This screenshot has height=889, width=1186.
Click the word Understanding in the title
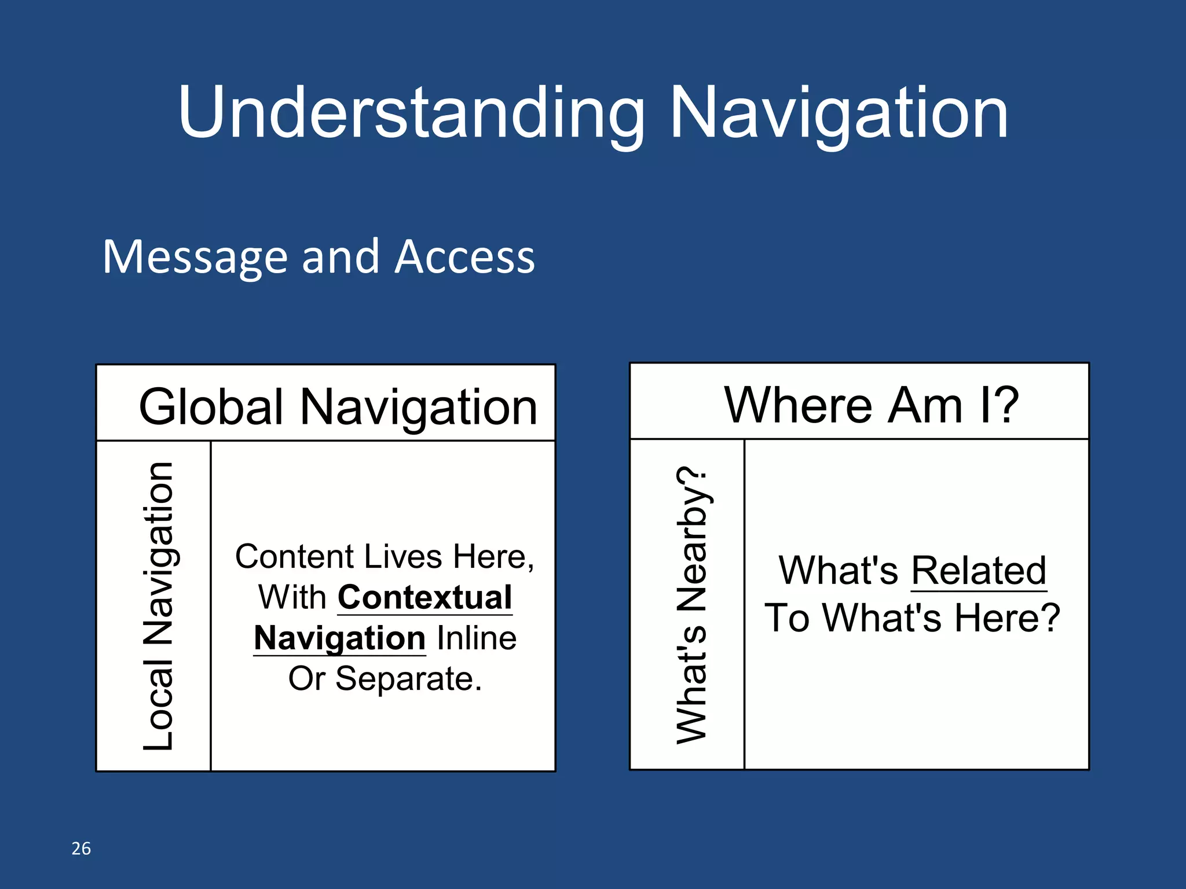pos(411,113)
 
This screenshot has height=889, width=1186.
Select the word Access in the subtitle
pos(464,257)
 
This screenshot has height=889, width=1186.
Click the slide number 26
pos(81,848)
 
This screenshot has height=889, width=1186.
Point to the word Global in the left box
pos(211,407)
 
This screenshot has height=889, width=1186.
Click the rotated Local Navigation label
pos(158,606)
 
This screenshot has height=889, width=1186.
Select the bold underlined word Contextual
pos(425,597)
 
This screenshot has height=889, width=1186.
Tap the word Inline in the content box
pos(476,638)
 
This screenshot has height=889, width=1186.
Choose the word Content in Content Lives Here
pos(294,557)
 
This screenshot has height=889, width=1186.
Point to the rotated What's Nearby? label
pos(691,605)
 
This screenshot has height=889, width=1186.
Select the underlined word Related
pos(979,571)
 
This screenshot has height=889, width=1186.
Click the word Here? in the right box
pos(1007,618)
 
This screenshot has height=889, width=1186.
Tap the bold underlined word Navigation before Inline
pos(340,638)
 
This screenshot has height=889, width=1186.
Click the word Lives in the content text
pos(404,557)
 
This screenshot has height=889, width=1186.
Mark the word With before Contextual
pos(292,597)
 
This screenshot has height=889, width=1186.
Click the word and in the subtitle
pos(341,257)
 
